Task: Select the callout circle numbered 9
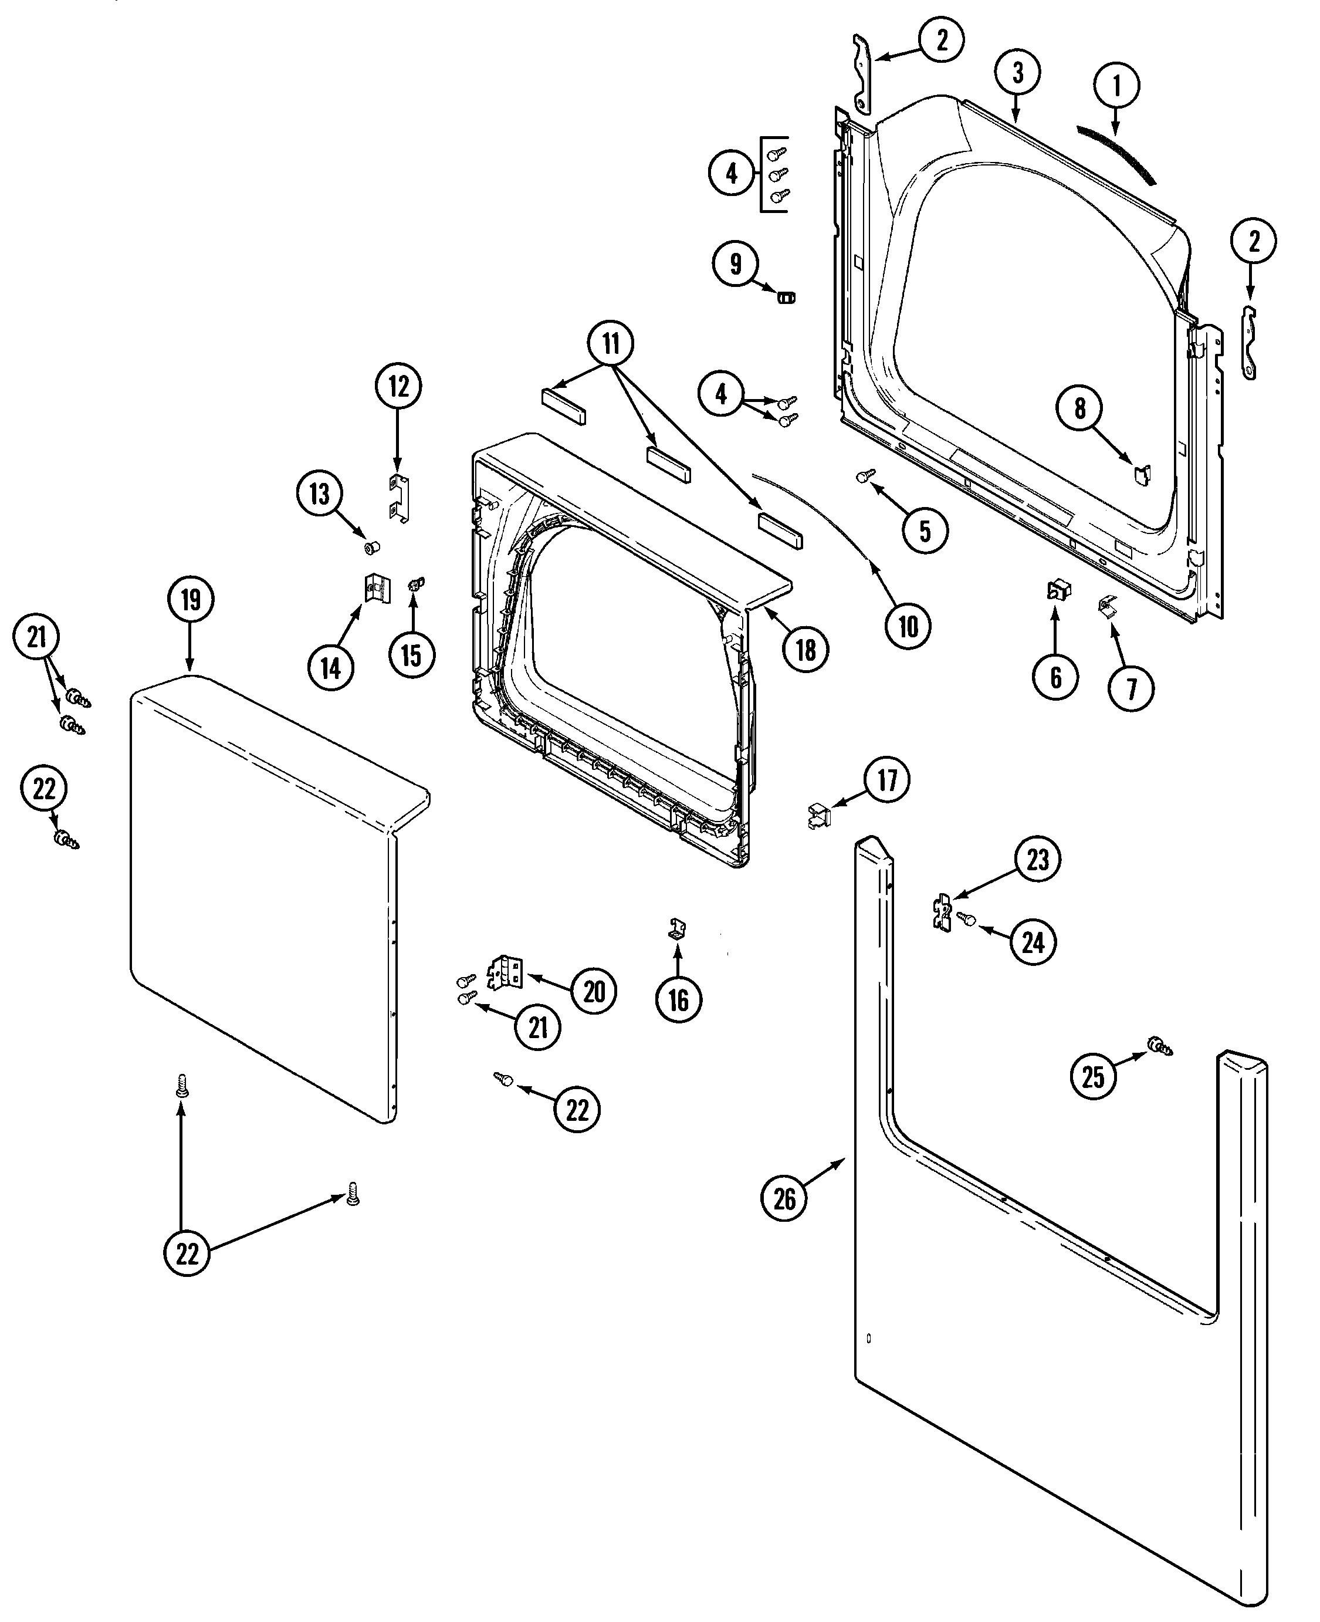pos(735,264)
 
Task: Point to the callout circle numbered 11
pos(611,344)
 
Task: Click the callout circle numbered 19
pos(190,599)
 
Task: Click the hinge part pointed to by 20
pos(506,972)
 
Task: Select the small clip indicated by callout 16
pos(678,928)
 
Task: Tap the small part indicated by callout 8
pos(1142,474)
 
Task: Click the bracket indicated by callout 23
pos(942,911)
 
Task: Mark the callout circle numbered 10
pos(908,627)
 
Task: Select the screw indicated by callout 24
pos(968,918)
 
